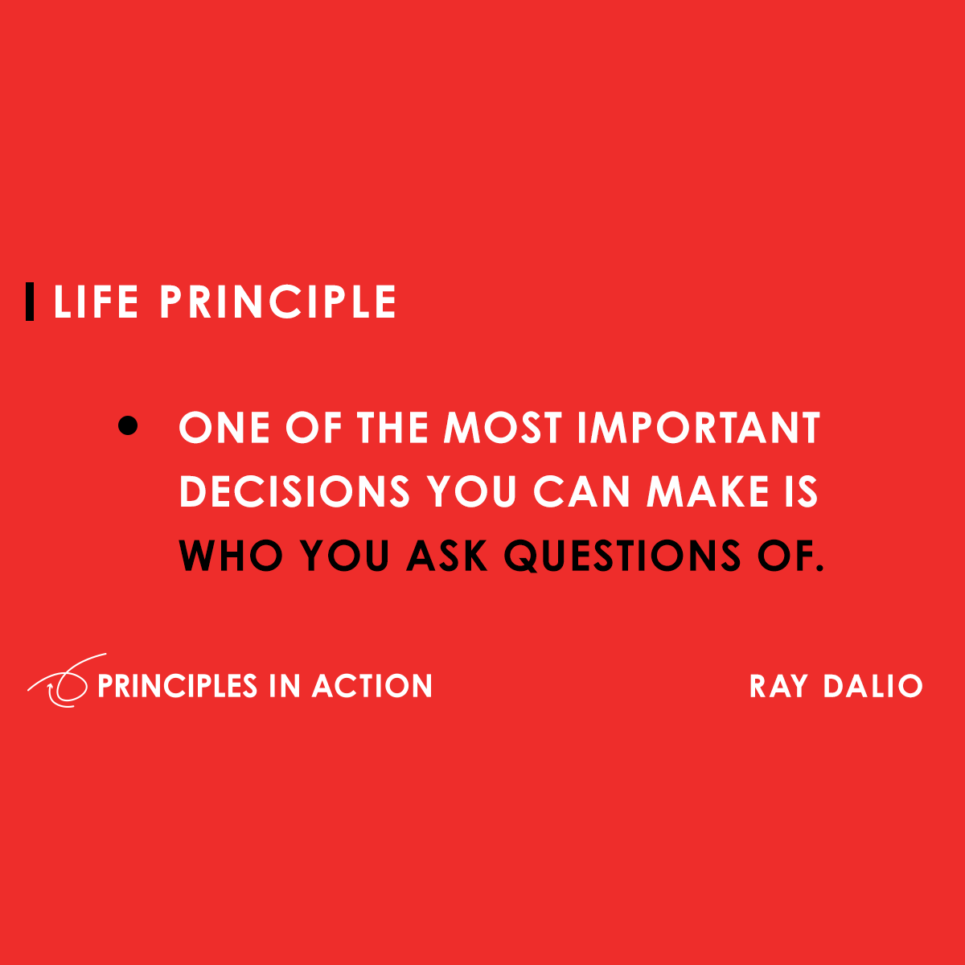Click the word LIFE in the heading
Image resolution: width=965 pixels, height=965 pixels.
point(96,302)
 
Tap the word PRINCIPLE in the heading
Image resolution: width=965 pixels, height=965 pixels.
point(277,302)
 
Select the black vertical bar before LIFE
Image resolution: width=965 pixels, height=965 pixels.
point(31,302)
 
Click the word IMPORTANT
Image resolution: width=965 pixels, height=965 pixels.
point(699,428)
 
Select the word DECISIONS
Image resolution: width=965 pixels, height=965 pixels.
point(294,491)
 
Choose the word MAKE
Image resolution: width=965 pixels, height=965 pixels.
point(708,491)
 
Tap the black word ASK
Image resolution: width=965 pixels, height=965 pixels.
point(447,555)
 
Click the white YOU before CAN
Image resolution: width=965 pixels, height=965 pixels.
point(472,491)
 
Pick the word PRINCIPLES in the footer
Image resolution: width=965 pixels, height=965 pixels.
point(177,686)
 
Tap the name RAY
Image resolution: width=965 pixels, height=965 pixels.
point(778,686)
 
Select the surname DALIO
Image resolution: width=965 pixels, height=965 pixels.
point(873,686)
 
